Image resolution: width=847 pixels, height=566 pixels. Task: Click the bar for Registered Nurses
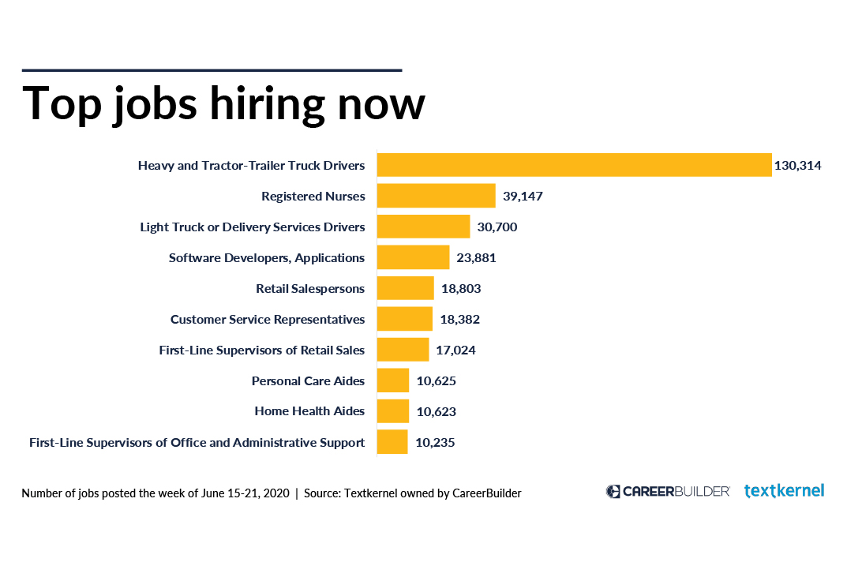[436, 196]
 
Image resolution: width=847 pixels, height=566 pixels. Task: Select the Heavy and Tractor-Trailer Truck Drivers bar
[574, 165]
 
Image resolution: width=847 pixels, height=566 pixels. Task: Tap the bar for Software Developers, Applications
[413, 257]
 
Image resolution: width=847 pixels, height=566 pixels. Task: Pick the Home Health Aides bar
[392, 411]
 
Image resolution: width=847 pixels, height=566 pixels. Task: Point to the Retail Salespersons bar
[405, 288]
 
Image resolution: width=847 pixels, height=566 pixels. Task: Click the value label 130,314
[798, 166]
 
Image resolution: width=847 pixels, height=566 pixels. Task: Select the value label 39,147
[523, 196]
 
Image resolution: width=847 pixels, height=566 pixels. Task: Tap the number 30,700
[497, 227]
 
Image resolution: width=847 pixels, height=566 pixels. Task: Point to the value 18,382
[459, 320]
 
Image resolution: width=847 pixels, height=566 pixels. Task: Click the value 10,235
[435, 443]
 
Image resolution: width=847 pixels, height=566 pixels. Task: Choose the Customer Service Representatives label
[268, 320]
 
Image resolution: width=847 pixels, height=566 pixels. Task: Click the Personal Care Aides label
[308, 381]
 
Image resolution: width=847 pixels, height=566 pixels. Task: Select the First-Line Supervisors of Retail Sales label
[262, 350]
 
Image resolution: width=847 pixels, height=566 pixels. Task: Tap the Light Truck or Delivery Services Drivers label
[253, 227]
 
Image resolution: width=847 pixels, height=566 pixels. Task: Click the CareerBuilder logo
[668, 492]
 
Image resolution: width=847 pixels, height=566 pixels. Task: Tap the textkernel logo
[784, 491]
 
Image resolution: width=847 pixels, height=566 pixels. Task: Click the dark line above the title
[212, 70]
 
